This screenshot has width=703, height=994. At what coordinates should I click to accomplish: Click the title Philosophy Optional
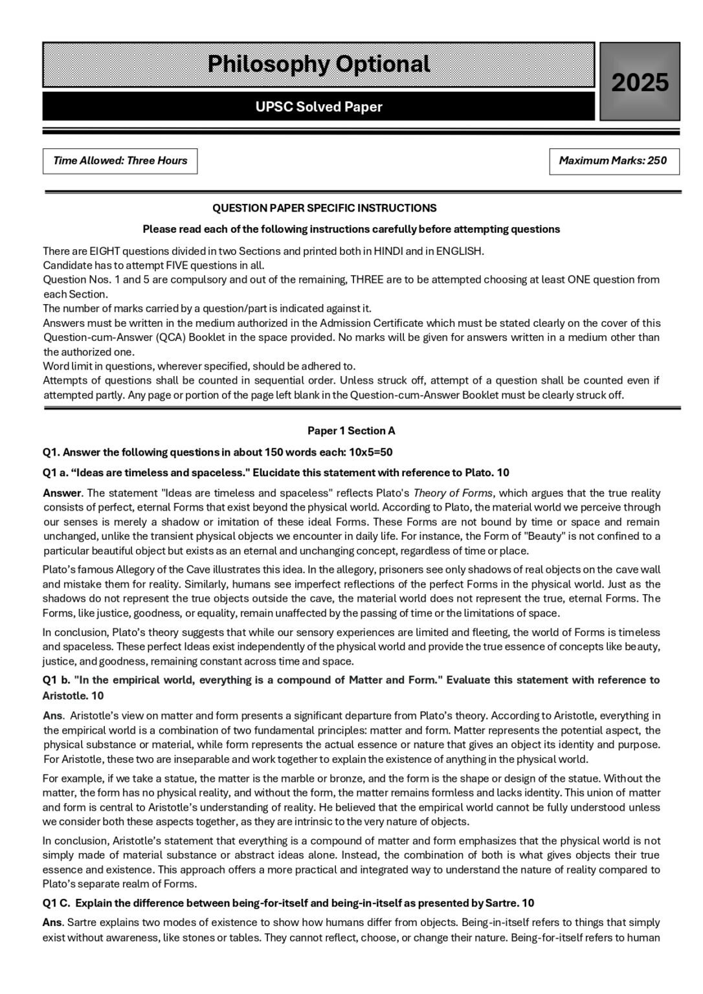(x=318, y=64)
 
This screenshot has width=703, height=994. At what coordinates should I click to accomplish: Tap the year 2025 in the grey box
(x=640, y=83)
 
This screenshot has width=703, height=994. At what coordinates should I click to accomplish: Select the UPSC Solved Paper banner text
(x=318, y=107)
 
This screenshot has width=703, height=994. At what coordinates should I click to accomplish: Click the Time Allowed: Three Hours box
(x=120, y=161)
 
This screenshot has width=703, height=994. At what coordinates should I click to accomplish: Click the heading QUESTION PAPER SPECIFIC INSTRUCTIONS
(x=324, y=208)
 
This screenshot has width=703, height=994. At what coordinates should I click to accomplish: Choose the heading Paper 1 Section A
(x=351, y=431)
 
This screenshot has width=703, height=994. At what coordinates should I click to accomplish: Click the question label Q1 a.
(x=56, y=472)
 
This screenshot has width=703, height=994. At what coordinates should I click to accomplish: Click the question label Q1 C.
(x=57, y=903)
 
